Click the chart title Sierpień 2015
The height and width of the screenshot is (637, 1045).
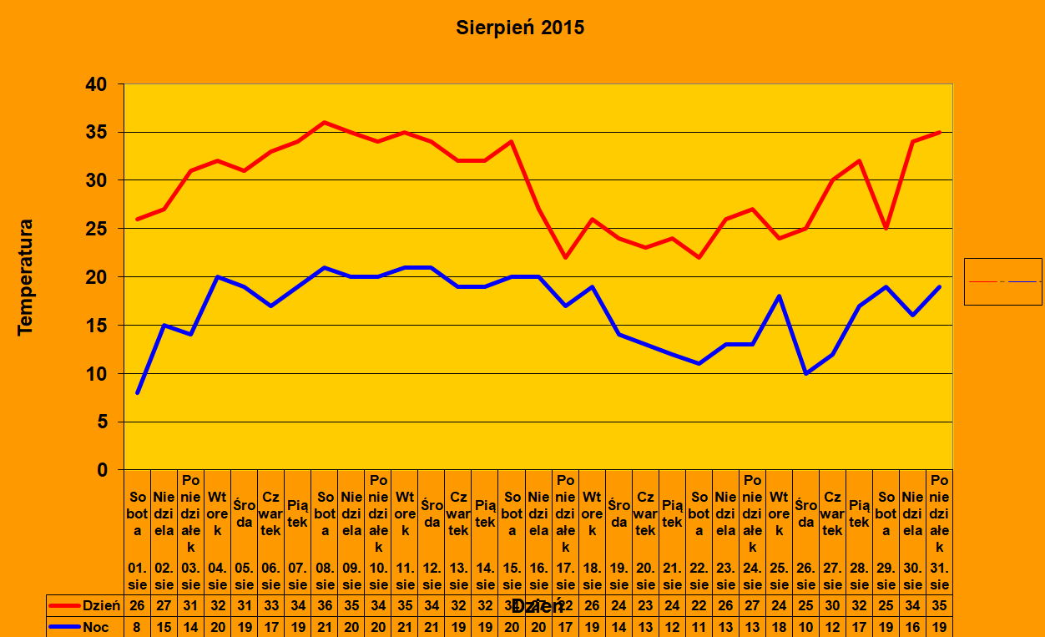(x=520, y=28)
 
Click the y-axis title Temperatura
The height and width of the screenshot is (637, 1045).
(x=25, y=277)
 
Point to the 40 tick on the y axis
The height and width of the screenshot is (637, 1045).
(x=97, y=84)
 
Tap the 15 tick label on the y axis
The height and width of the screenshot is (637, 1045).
(x=97, y=326)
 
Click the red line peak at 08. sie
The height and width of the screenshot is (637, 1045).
(x=325, y=123)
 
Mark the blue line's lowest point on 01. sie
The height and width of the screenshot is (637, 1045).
(x=138, y=392)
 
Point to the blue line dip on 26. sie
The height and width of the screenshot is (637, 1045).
(x=806, y=373)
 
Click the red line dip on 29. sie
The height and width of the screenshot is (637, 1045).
(x=886, y=228)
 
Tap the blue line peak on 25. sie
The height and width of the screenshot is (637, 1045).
(x=780, y=296)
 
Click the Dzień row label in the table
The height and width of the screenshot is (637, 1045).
(x=101, y=605)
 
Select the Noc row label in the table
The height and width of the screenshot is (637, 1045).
(x=94, y=626)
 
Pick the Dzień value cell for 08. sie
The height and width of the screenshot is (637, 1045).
(x=325, y=605)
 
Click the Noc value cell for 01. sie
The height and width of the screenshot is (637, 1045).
(x=138, y=626)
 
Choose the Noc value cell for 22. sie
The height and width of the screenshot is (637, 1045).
(x=699, y=626)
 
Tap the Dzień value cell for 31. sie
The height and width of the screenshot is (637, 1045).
(x=940, y=605)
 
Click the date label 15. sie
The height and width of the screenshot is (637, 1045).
(x=512, y=576)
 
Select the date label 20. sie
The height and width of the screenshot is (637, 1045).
(x=645, y=576)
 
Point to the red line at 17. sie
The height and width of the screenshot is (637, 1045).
(x=566, y=257)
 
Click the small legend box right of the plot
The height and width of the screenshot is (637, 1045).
(x=1002, y=281)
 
